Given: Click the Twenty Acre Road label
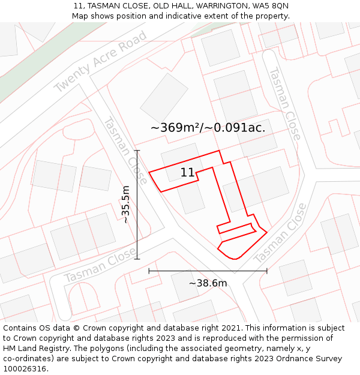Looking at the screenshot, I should click(x=100, y=62).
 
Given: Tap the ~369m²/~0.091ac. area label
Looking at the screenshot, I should click(x=208, y=128).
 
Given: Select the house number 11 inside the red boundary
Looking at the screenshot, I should click(x=187, y=173).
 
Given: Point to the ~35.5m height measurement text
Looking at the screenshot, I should click(x=125, y=205).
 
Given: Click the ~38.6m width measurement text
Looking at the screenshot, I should click(x=208, y=283).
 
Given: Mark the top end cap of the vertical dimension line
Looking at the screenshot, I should click(x=137, y=151).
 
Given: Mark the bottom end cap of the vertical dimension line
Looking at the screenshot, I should click(x=137, y=259).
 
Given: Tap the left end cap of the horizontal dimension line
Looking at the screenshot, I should click(x=149, y=271).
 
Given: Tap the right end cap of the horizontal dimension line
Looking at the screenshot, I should click(x=267, y=271).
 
